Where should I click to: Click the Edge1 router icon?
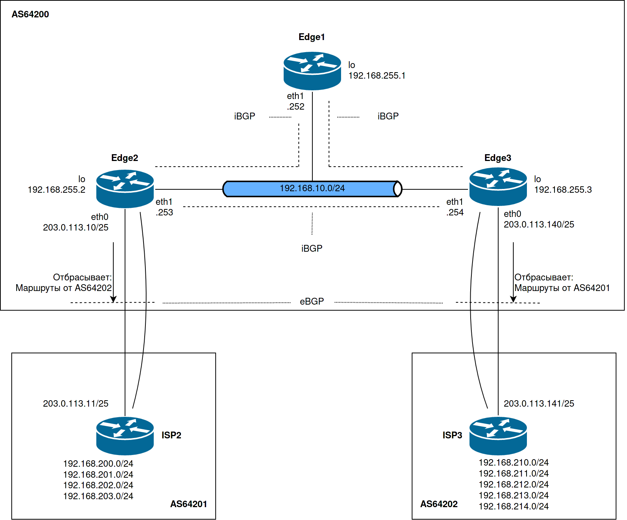[312, 71]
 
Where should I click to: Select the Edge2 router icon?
[125, 189]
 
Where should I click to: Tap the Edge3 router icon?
[498, 187]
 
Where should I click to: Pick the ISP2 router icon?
[125, 436]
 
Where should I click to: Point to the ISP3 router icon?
[498, 436]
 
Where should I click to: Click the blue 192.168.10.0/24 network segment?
[312, 189]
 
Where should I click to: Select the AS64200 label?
[30, 14]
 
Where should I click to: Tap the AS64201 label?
[188, 504]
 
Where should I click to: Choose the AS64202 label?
[439, 504]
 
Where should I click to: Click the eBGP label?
[312, 302]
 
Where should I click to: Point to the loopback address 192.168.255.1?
[377, 76]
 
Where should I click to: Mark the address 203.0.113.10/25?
[76, 227]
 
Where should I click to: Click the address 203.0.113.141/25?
[539, 404]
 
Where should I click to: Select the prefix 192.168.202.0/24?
[98, 485]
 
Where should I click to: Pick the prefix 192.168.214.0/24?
[514, 506]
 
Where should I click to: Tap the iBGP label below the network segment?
[312, 249]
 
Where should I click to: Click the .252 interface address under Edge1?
[296, 107]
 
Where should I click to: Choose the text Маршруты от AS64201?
[562, 288]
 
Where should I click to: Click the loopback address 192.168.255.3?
[563, 190]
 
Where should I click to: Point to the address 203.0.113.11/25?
[76, 404]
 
